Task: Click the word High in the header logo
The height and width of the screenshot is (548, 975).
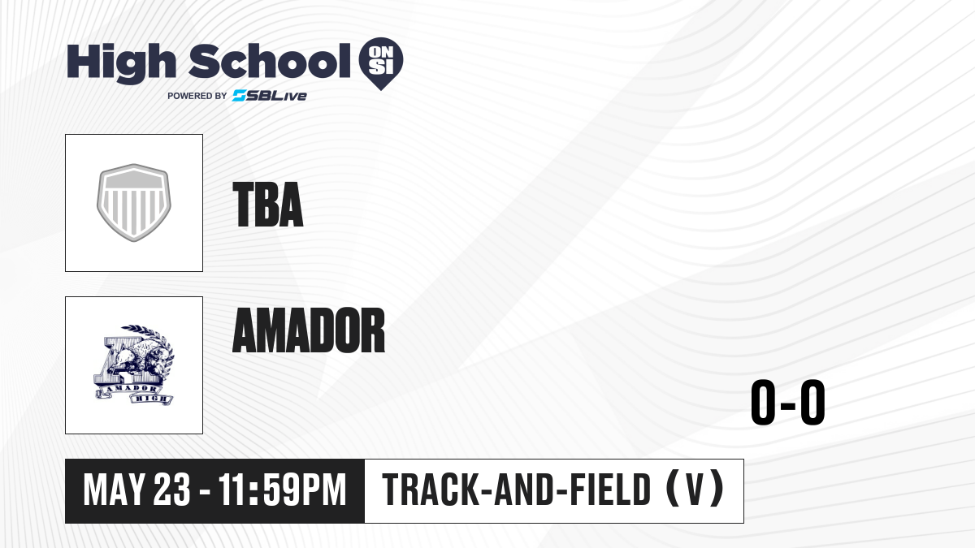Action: click(121, 63)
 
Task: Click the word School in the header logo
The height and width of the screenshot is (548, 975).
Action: click(270, 61)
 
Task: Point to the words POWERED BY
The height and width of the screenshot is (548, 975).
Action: click(197, 96)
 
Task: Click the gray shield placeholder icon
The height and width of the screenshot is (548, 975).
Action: click(133, 202)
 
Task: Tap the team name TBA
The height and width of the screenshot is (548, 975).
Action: click(267, 205)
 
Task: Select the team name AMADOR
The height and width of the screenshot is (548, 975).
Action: click(309, 330)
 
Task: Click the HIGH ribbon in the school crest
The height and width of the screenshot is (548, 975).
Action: click(151, 399)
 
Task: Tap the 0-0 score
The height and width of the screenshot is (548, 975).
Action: click(788, 403)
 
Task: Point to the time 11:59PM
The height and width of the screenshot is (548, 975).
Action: click(282, 490)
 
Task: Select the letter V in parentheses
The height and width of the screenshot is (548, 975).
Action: click(695, 490)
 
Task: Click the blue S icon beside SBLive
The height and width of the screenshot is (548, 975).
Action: click(240, 96)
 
